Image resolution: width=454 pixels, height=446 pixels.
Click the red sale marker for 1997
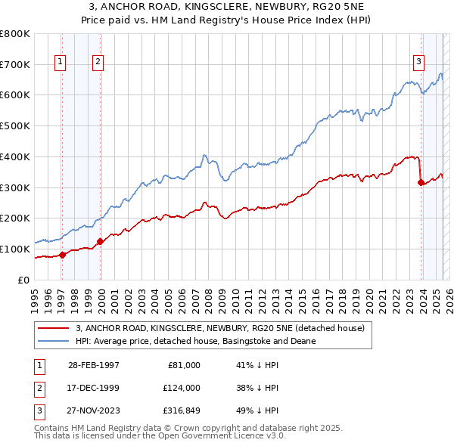tap(63, 255)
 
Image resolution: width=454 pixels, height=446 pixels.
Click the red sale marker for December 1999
tap(100, 241)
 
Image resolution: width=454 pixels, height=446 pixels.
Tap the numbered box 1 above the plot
tap(60, 63)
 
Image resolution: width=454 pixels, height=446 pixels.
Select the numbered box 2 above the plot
tap(98, 63)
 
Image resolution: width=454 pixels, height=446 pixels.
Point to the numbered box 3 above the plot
tap(418, 63)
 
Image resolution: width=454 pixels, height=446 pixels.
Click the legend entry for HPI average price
tap(195, 341)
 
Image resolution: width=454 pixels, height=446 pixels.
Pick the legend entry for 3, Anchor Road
tap(220, 328)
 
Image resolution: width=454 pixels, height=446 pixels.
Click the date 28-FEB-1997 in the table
tap(94, 364)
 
